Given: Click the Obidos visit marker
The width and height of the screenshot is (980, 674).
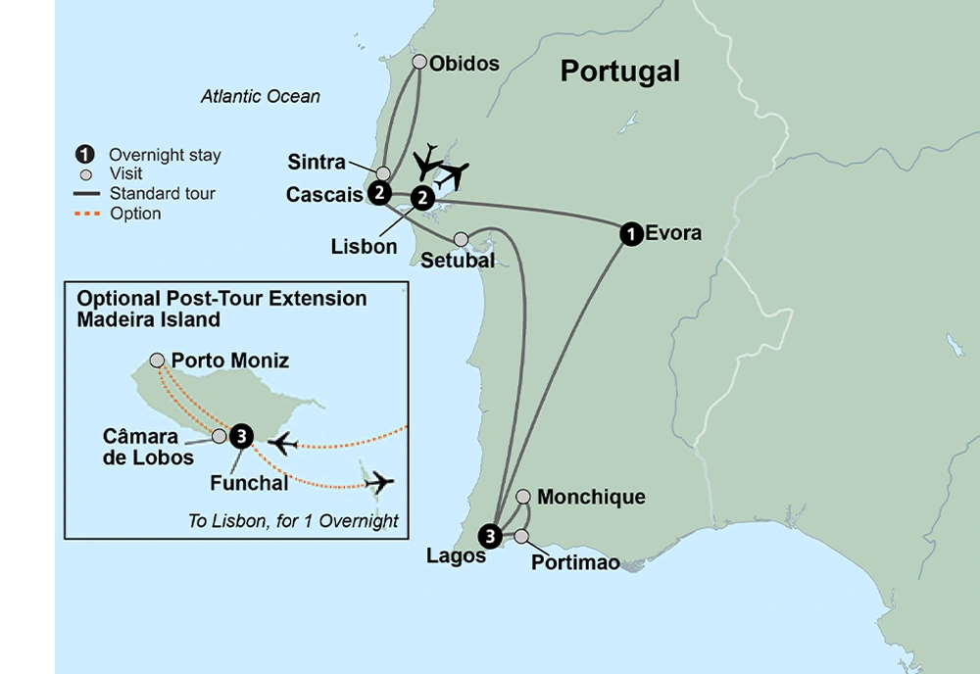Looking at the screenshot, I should [419, 63].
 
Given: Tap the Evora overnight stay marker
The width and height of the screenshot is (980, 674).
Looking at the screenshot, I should [631, 233].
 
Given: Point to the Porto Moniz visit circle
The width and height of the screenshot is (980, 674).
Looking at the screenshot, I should [158, 361].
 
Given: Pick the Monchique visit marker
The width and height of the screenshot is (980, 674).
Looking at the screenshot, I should [523, 497].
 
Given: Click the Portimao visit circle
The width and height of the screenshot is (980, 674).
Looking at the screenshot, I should [521, 536].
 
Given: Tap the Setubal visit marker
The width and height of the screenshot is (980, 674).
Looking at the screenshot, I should [462, 239].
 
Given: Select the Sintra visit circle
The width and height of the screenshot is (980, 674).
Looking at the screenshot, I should [384, 173].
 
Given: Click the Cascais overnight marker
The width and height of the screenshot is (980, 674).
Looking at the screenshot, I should [378, 193].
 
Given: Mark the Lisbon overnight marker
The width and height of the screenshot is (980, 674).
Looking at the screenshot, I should [421, 198].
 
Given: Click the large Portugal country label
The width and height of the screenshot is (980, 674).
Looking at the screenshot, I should [618, 72].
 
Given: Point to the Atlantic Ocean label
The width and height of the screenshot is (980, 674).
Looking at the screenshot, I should [260, 97].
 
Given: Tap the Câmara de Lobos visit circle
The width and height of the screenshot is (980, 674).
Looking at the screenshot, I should [220, 436].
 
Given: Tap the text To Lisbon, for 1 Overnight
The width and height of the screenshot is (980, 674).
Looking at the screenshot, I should [292, 521].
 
